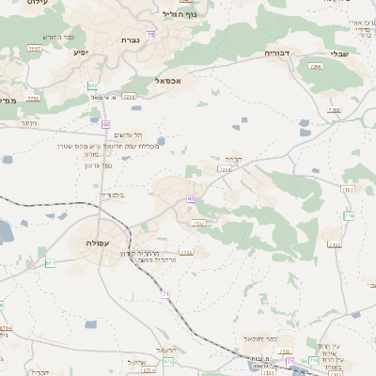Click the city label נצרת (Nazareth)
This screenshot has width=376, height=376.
click(x=130, y=39)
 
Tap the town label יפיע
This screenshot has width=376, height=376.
click(x=80, y=52)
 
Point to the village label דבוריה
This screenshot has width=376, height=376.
click(x=279, y=54)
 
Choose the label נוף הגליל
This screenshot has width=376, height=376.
click(x=180, y=14)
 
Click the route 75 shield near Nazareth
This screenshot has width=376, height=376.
click(x=149, y=35)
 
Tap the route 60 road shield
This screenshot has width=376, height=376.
click(x=105, y=124)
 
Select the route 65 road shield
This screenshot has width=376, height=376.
click(x=190, y=198)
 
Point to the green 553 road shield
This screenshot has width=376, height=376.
click(x=93, y=86)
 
